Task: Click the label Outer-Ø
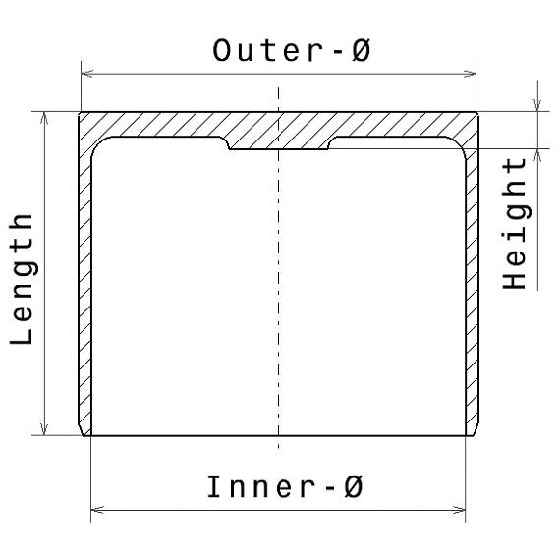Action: (292, 50)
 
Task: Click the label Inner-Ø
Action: (285, 486)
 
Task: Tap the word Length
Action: (22, 279)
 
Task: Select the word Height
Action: (514, 223)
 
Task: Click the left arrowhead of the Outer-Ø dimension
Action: (87, 74)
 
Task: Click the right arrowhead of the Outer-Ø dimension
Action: (470, 74)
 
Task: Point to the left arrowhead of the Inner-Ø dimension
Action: (97, 510)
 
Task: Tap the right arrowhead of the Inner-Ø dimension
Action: (459, 510)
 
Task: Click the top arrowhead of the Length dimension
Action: (44, 118)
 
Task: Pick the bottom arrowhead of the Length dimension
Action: (44, 429)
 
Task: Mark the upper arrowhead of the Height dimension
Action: (537, 105)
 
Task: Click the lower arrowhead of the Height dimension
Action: (537, 155)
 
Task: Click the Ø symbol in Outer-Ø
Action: (361, 50)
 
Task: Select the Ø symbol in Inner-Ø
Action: (354, 486)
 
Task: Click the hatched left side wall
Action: (85, 286)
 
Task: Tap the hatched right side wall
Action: (473, 286)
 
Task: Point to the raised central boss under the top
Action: (279, 142)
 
